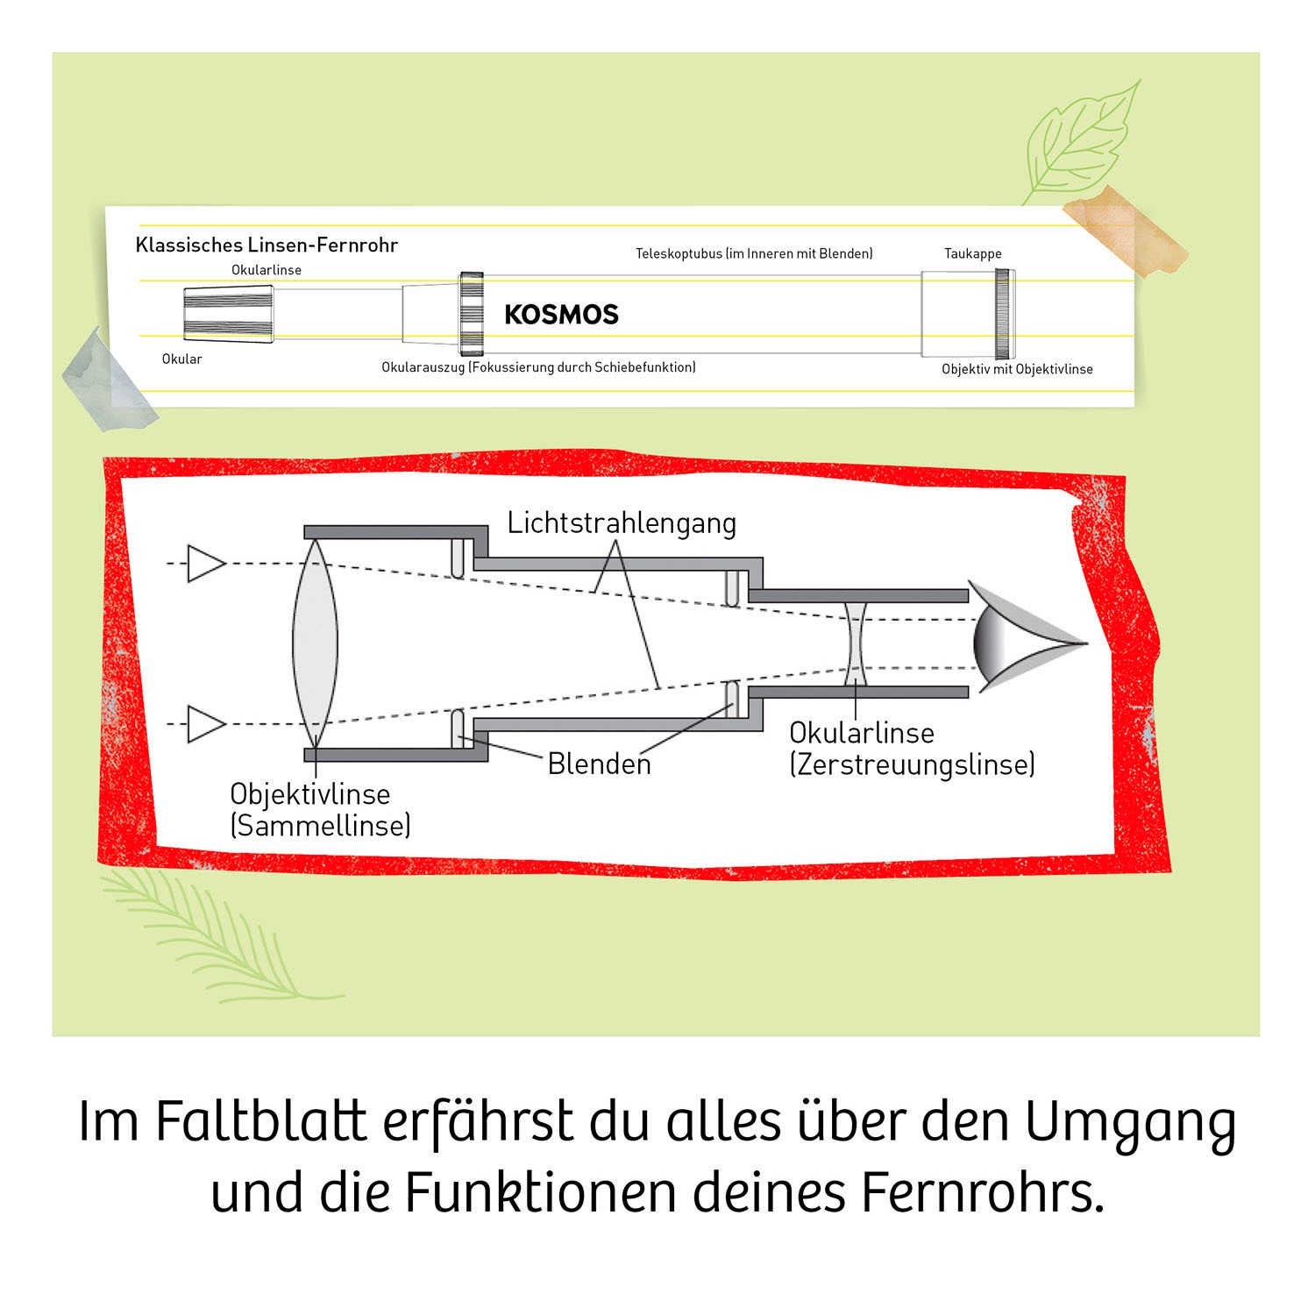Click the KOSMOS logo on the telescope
[561, 315]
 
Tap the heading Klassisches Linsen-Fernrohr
[267, 245]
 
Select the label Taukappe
[972, 253]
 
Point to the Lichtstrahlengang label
[622, 523]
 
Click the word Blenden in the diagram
[600, 764]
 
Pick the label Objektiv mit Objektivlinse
[1017, 369]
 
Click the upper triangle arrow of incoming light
[204, 563]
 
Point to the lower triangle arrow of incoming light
[204, 724]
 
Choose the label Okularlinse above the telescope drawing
[267, 270]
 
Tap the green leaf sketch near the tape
[1084, 140]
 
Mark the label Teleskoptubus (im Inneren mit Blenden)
[754, 253]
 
